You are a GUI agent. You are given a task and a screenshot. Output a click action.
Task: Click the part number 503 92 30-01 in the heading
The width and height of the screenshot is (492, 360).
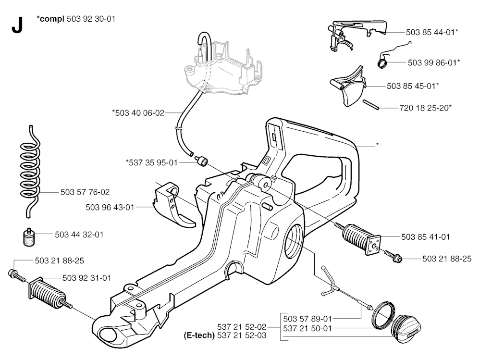click(91, 19)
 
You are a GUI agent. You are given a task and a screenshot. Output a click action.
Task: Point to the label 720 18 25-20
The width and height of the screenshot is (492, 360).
click(426, 108)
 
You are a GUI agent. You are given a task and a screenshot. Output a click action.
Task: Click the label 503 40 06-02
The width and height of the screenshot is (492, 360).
click(138, 112)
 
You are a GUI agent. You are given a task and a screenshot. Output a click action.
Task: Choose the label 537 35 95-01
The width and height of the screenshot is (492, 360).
click(151, 162)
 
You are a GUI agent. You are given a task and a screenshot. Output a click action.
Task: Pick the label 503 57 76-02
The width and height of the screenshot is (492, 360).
click(85, 192)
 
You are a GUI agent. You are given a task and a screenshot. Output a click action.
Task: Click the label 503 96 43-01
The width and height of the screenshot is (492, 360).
click(110, 208)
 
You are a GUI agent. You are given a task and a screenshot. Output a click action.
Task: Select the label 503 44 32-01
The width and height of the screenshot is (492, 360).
click(79, 235)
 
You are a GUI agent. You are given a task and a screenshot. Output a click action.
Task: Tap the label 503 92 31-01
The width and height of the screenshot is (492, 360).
click(87, 278)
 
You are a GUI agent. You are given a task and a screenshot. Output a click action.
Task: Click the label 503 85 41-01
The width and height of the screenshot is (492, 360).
click(426, 237)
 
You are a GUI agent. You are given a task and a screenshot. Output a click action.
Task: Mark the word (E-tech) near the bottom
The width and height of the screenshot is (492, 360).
click(199, 335)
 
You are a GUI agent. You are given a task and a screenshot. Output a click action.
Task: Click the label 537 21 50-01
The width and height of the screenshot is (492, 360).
click(307, 329)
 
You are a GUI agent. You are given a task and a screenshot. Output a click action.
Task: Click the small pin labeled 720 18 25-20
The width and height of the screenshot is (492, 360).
click(371, 104)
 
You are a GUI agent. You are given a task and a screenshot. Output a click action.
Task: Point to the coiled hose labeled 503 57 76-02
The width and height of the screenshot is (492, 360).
click(30, 172)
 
